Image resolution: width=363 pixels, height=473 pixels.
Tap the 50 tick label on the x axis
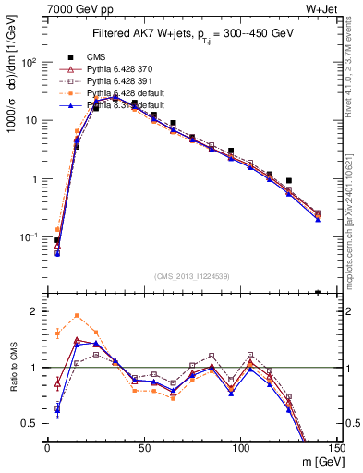[x=144, y=447]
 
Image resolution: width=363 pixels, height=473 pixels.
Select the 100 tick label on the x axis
[x=240, y=447]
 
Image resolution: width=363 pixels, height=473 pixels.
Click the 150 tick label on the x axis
[x=336, y=447]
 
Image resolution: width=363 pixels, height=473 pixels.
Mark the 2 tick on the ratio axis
[x=35, y=311]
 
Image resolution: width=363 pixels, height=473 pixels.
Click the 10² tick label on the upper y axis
[x=30, y=62]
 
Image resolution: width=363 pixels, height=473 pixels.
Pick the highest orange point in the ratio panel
[x=77, y=315]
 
